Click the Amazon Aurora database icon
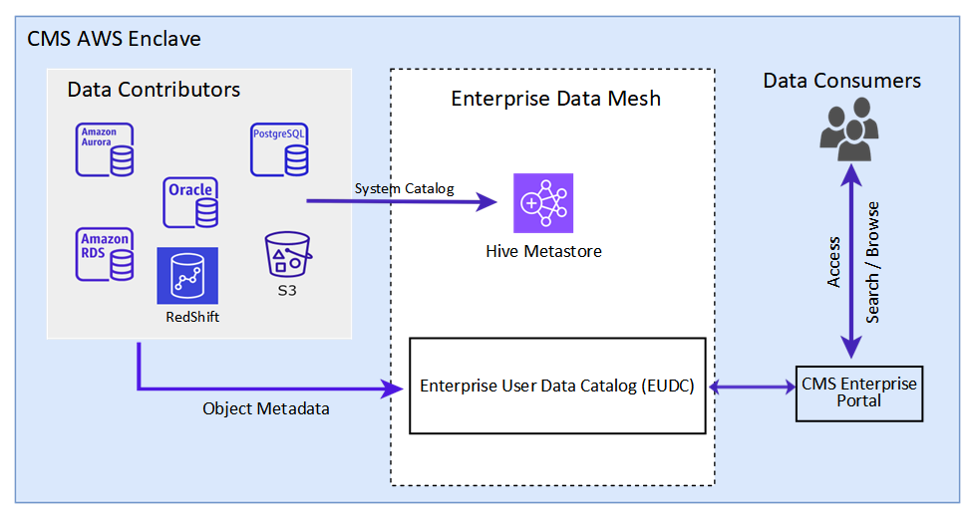(106, 150)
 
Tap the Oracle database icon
(190, 202)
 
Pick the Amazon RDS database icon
(106, 254)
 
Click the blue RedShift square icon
(187, 276)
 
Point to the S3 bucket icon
(288, 256)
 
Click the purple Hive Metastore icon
(543, 203)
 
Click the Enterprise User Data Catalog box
(558, 386)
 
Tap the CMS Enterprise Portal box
(858, 392)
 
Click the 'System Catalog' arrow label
(404, 188)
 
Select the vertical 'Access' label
(833, 263)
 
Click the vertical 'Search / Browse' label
(873, 263)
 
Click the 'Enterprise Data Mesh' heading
(555, 99)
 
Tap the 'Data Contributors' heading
(154, 90)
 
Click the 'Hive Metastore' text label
(543, 251)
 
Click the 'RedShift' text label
(192, 317)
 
